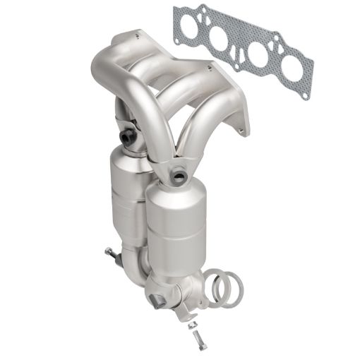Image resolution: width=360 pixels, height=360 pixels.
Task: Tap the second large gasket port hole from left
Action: pos(224,38)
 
